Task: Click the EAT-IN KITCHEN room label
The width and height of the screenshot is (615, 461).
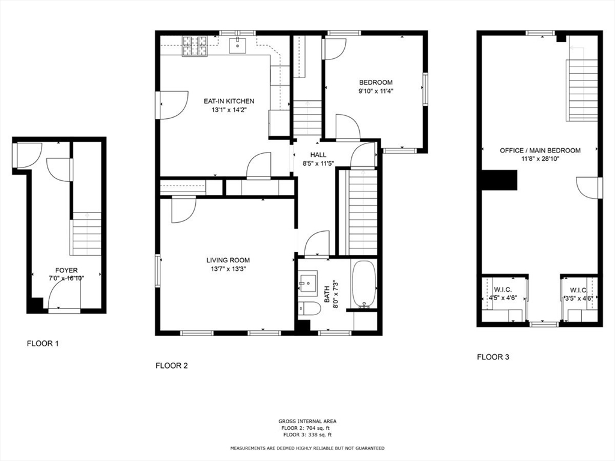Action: [x=228, y=101]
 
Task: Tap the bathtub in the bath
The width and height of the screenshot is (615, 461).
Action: [x=363, y=284]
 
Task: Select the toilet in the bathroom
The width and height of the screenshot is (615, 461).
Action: [x=310, y=310]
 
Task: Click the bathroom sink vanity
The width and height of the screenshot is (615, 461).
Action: [x=309, y=283]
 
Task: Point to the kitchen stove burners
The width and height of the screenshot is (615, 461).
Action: [x=194, y=45]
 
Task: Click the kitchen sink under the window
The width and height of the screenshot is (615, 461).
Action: [x=239, y=44]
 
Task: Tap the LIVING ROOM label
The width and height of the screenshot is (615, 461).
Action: [x=228, y=260]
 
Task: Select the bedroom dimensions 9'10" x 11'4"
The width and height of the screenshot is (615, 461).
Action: [x=376, y=91]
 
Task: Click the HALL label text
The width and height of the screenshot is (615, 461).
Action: [x=318, y=155]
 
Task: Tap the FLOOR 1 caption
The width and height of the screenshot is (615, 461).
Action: [x=43, y=344]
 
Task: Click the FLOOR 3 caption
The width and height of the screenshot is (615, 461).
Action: [x=493, y=357]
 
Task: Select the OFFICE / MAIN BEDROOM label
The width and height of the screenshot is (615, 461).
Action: [x=540, y=151]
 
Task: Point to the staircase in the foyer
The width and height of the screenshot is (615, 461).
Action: [x=86, y=234]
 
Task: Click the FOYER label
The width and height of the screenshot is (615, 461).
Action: [x=66, y=270]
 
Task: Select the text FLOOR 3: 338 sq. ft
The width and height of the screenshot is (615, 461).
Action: [x=307, y=435]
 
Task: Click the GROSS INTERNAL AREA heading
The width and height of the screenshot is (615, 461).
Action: [x=307, y=421]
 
